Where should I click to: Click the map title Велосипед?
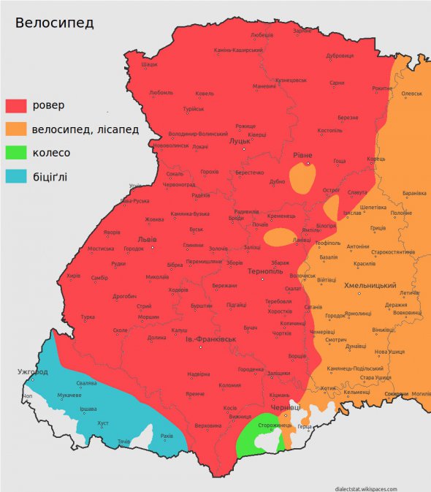[55, 23]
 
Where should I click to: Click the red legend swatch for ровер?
[16, 105]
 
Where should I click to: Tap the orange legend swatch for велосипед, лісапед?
[16, 129]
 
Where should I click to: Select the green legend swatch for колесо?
[16, 153]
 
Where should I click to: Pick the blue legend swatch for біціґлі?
[16, 176]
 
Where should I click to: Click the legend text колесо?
[51, 153]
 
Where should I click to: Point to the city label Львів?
[147, 239]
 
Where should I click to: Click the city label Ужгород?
[33, 372]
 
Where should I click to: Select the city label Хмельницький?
[370, 285]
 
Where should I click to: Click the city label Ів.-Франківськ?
[211, 339]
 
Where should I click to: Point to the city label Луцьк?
[240, 141]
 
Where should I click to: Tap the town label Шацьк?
[149, 64]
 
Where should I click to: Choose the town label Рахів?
[167, 436]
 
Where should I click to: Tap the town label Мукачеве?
[69, 396]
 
